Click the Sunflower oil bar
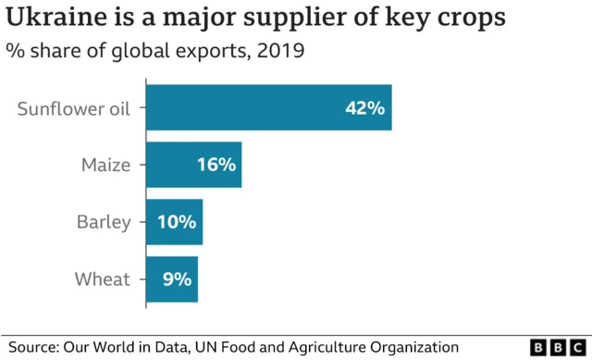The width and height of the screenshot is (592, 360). (268, 107)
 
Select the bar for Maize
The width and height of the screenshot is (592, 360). (193, 165)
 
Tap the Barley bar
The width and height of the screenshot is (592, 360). (174, 222)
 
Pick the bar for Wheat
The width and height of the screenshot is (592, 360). (171, 279)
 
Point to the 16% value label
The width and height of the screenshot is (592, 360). (216, 166)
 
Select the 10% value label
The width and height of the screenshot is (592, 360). (176, 222)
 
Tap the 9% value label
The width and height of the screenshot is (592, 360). (177, 279)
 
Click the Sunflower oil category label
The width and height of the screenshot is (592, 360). (81, 108)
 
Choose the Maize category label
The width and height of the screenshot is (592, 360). (105, 166)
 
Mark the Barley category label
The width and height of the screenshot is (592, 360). (104, 222)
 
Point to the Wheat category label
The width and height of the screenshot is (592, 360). (104, 279)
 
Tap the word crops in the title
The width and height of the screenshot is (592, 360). (473, 19)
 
